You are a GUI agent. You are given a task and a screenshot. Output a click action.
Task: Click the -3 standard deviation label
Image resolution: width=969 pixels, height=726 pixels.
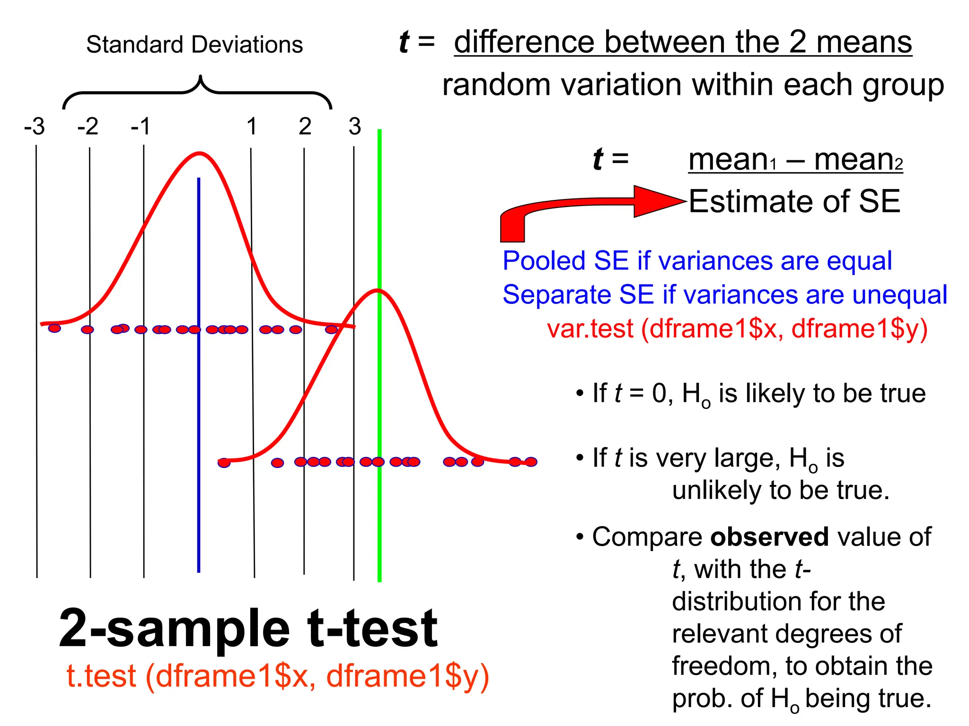35,127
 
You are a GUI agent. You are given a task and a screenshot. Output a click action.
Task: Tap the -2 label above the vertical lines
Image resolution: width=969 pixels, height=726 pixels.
88,127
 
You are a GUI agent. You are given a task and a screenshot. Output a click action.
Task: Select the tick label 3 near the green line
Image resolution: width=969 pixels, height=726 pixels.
355,127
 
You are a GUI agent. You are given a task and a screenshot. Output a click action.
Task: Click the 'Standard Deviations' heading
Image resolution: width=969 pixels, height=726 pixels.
194,45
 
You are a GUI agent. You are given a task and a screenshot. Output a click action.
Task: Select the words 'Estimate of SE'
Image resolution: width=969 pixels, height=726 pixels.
794,201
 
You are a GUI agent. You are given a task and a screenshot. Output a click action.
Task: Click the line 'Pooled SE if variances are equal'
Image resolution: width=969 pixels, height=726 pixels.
697,261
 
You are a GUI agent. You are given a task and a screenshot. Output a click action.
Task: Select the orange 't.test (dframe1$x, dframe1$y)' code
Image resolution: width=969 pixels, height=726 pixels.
278,676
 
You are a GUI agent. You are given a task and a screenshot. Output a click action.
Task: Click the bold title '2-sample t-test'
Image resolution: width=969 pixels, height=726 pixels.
248,629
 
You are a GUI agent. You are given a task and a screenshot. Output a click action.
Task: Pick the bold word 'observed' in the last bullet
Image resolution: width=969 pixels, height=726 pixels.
769,537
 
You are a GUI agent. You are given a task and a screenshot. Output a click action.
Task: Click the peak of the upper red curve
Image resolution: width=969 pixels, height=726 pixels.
200,153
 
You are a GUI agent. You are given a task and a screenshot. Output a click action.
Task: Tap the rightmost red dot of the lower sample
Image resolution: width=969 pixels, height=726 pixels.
531,462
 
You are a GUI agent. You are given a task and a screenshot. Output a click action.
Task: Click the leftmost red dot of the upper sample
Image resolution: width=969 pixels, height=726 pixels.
55,328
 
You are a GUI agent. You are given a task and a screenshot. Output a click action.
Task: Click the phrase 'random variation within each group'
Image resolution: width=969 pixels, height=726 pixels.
693,85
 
